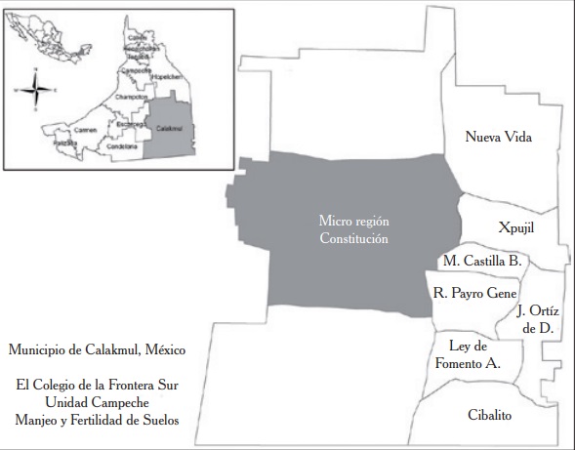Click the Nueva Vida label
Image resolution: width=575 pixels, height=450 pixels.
[x=498, y=137]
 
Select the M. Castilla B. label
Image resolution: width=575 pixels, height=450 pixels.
[x=482, y=262]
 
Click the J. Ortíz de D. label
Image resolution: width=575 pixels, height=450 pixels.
[x=537, y=319]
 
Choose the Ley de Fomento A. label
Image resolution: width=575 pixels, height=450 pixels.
[x=468, y=354]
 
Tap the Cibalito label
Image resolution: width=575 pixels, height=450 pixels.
[x=489, y=414]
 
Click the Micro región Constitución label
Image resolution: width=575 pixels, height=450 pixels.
[x=359, y=229]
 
